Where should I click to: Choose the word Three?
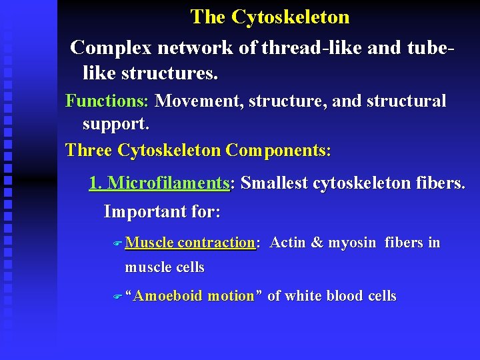89,150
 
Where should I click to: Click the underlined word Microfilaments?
168,183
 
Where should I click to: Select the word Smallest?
275,183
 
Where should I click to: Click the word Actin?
287,243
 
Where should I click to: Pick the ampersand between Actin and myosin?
317,243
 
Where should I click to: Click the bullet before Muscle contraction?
118,244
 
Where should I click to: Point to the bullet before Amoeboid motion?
118,297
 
